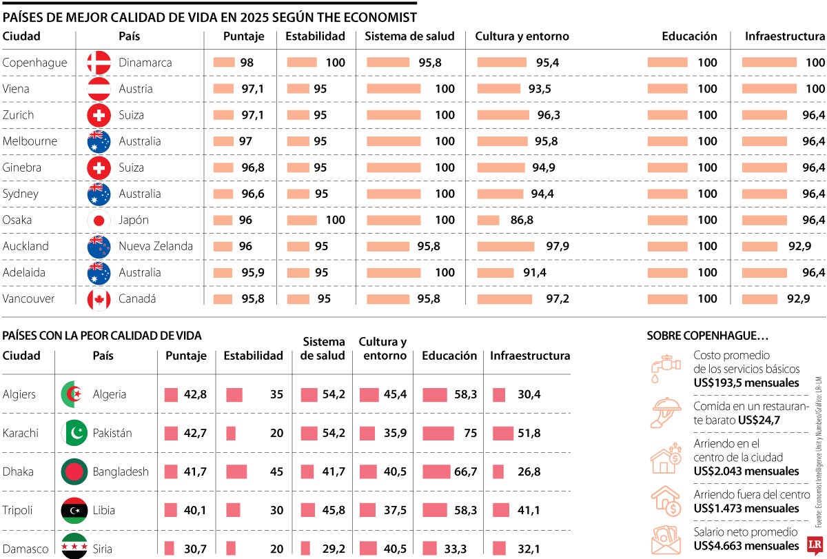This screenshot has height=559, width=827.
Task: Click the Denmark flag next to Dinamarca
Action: pos(99,63)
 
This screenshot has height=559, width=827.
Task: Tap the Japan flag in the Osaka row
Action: pos(99,221)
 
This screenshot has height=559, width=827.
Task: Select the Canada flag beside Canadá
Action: pos(99,299)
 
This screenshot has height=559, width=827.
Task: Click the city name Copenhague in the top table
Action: pos(34,63)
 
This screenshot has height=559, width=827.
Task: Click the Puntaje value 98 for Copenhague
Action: pos(247,63)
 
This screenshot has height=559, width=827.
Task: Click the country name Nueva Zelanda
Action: pos(156,246)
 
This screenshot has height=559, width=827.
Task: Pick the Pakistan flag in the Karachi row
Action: pos(74,433)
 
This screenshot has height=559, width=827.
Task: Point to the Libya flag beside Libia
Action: pos(74,510)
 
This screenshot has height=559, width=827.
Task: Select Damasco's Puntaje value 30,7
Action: pos(195,549)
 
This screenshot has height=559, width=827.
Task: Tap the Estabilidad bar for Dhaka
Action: pos(236,471)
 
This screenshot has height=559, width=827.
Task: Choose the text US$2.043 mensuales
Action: pos(746,471)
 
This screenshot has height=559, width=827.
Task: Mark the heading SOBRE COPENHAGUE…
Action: pos(707,336)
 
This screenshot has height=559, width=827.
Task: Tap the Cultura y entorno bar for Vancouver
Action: pos(504,299)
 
